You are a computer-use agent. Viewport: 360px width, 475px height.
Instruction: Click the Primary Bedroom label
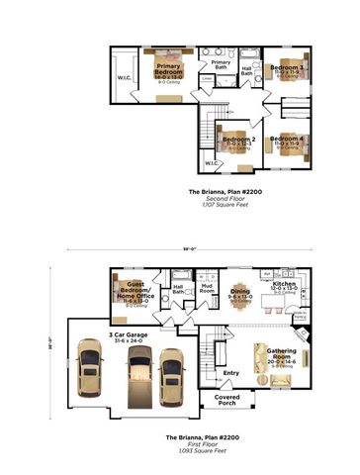point(168,70)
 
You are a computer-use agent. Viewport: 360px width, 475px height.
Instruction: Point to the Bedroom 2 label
point(238,142)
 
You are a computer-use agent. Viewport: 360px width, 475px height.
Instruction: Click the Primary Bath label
point(220,66)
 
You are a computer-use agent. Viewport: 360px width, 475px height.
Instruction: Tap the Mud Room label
point(207,291)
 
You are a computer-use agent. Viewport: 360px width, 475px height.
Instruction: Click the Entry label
point(231,372)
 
